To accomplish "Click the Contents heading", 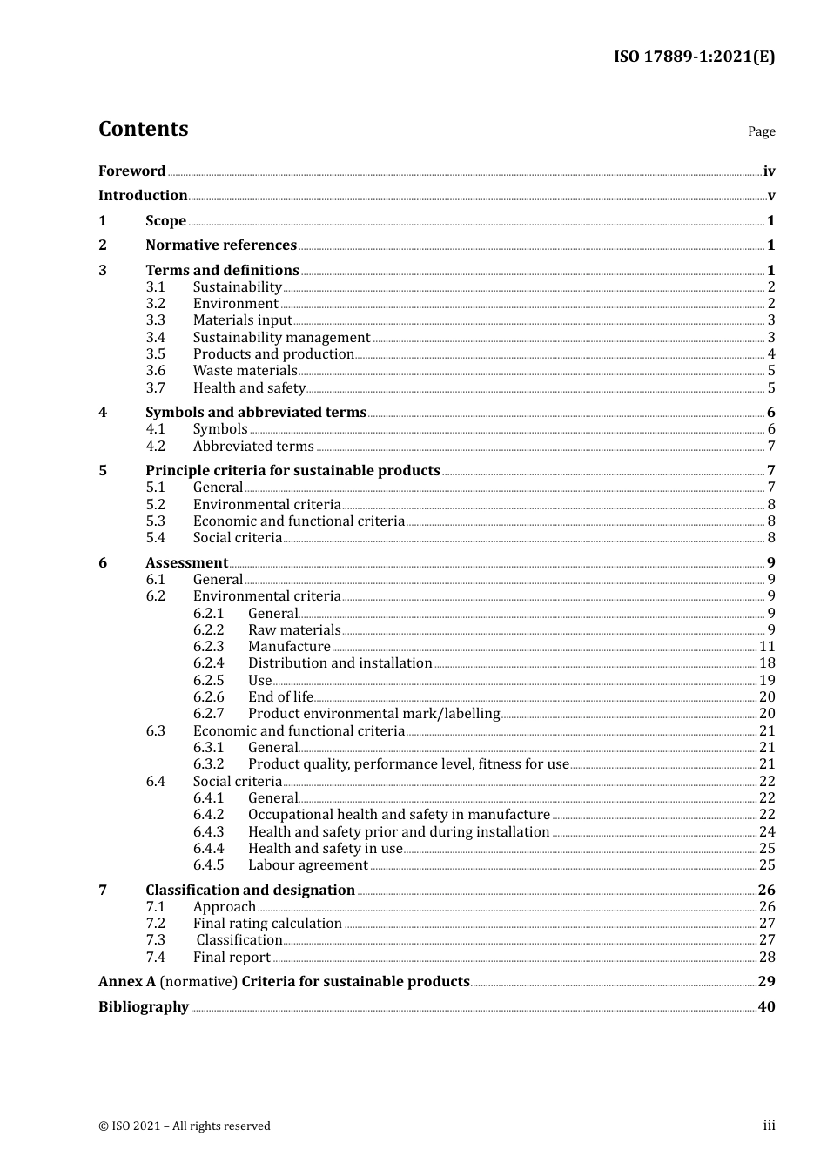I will coord(143,129).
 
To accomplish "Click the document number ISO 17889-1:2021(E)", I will coord(694,57).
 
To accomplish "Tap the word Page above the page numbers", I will coord(761,131).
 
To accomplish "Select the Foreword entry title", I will coord(131,171).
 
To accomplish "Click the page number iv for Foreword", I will coord(769,171).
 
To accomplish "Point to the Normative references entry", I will coord(221,245).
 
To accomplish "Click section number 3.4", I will coord(155,338).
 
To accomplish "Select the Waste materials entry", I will coord(245,371).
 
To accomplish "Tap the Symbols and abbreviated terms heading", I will coord(256,413).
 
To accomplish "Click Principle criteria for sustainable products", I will coord(292,471).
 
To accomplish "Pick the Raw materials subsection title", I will coord(294,630).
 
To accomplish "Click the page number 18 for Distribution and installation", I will coord(767,663).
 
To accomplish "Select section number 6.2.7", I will coord(208,714).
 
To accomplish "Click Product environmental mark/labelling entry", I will coord(373,714).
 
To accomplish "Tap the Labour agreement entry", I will coord(307,865).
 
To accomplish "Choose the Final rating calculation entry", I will coord(267,924).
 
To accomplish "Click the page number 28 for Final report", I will coord(767,958).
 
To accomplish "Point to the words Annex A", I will coord(127,982).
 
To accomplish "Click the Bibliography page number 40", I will coord(766,1007).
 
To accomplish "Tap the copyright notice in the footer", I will coord(185,1126).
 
